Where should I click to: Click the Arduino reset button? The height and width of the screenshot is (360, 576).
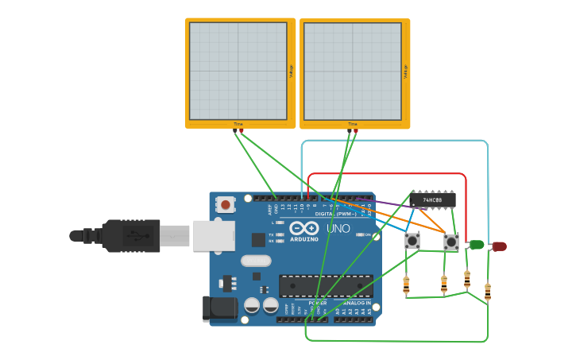(226, 205)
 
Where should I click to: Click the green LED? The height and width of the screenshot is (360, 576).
(477, 245)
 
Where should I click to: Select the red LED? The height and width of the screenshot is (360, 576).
(499, 246)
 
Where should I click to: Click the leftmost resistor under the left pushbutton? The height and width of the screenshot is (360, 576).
(406, 284)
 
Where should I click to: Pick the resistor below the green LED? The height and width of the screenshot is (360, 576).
(466, 279)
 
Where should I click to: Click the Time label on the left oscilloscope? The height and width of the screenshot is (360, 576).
(238, 124)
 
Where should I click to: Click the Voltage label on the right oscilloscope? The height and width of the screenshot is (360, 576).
(405, 72)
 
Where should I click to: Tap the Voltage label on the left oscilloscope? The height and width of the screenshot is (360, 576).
(291, 72)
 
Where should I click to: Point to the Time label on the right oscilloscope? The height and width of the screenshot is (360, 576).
(353, 124)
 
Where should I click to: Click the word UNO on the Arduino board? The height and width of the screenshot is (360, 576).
(338, 229)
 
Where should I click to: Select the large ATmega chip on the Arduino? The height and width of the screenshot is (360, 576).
(326, 285)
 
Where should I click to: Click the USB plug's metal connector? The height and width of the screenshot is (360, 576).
(175, 236)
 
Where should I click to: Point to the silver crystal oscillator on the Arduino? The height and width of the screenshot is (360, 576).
(256, 260)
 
